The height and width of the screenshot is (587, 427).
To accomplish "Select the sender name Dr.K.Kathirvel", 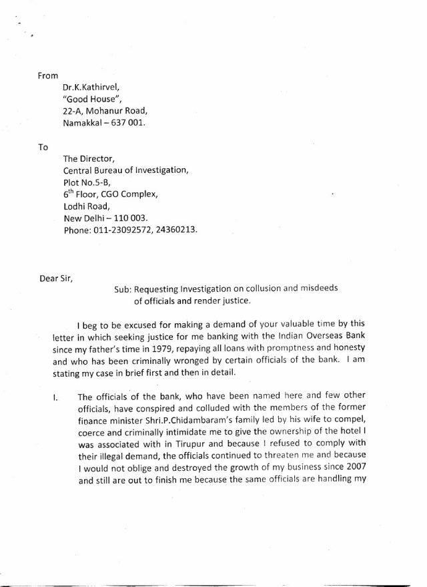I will (93, 87).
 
